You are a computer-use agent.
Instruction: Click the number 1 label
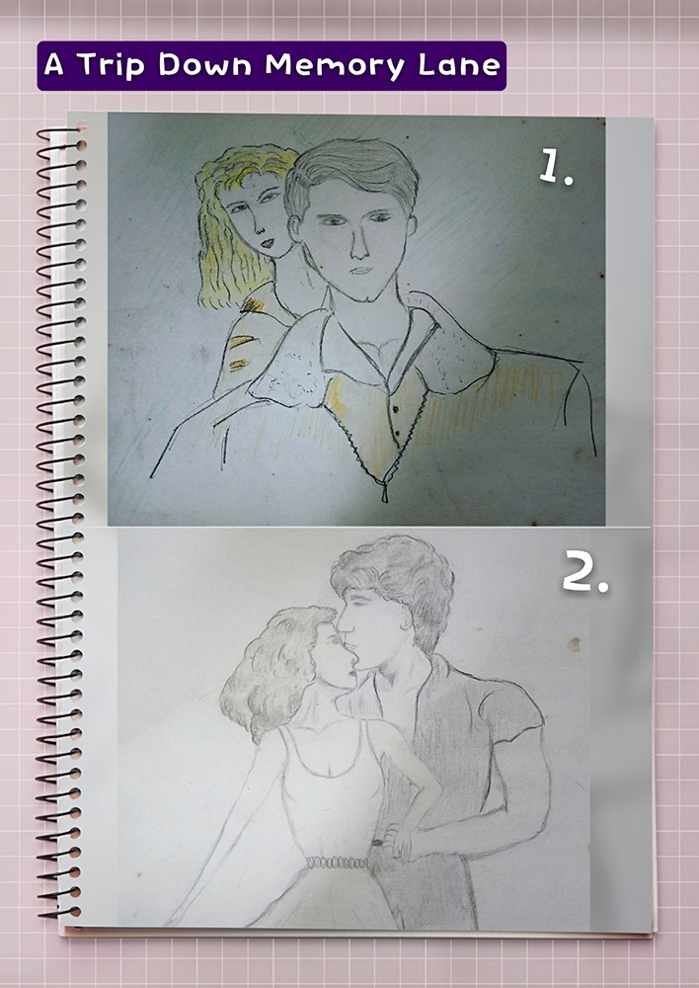point(556,169)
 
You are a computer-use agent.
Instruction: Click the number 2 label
point(585,571)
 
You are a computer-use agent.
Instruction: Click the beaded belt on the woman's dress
point(339,863)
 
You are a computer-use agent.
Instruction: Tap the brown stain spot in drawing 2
point(573,644)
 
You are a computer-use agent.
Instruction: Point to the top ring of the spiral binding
point(61,133)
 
